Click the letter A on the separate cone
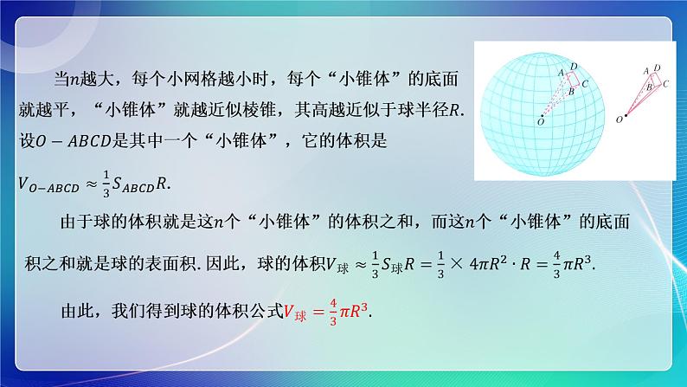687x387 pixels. tap(645, 69)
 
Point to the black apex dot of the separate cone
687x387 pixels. tap(628, 113)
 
